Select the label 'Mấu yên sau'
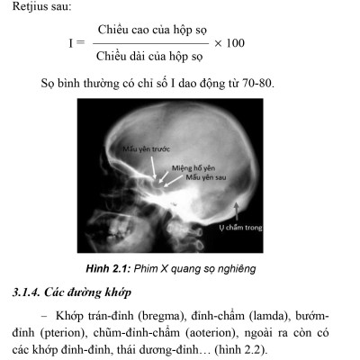pyautogui.click(x=205, y=177)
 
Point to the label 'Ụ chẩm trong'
pyautogui.click(x=241, y=228)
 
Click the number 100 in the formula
pyautogui.click(x=234, y=42)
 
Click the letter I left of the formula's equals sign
pyautogui.click(x=70, y=42)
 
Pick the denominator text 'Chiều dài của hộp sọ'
pyautogui.click(x=149, y=56)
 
